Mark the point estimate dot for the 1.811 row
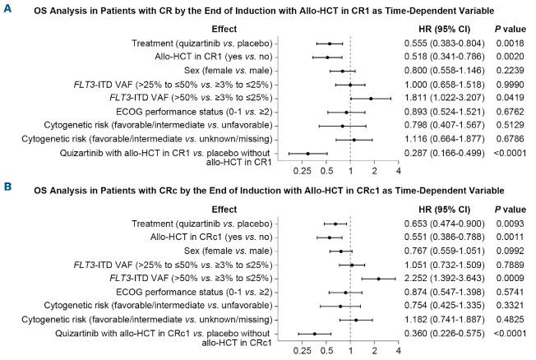tap(371, 98)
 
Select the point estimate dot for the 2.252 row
tap(378, 279)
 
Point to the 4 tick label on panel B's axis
tap(399, 352)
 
